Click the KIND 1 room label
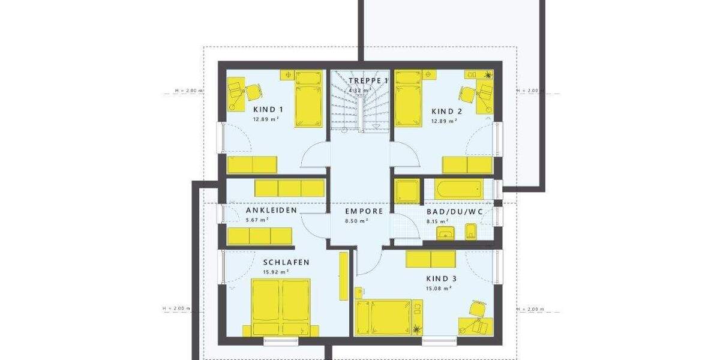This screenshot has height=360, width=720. pyautogui.click(x=268, y=110)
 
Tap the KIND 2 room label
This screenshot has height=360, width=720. pyautogui.click(x=446, y=111)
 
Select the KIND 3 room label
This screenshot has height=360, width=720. pyautogui.click(x=441, y=278)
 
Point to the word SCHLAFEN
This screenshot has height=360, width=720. pyautogui.click(x=286, y=262)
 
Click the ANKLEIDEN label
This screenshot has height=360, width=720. pyautogui.click(x=272, y=211)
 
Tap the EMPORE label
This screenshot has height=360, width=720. pyautogui.click(x=364, y=211)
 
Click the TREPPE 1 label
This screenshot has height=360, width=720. pyautogui.click(x=368, y=80)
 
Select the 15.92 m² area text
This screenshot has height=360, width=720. pyautogui.click(x=276, y=272)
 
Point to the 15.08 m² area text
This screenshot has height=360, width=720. pyautogui.click(x=439, y=288)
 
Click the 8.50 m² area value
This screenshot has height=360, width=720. pyautogui.click(x=356, y=220)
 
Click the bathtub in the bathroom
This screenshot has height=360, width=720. pyautogui.click(x=459, y=188)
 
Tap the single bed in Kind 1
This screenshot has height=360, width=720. pyautogui.click(x=308, y=98)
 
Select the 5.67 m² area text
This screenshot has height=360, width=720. pyautogui.click(x=257, y=220)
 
